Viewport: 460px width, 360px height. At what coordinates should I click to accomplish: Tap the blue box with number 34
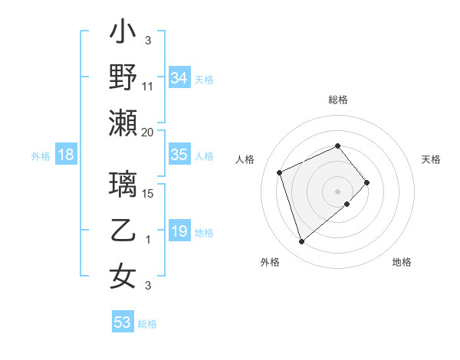pos(179,77)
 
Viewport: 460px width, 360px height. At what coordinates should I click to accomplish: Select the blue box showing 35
pos(179,155)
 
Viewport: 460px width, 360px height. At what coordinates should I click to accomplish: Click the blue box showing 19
pos(179,231)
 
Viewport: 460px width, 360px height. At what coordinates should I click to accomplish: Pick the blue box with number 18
pos(66,155)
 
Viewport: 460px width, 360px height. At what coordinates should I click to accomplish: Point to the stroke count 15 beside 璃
pos(149,195)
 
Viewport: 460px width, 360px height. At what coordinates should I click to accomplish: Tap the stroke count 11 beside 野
pos(148,87)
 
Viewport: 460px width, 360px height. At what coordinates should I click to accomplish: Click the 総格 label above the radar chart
pos(338,100)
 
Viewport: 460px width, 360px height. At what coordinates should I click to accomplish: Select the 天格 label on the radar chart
pos(431,159)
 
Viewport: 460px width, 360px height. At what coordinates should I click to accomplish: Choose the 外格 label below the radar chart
pos(270,262)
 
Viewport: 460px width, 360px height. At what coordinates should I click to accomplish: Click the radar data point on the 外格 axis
pos(302,241)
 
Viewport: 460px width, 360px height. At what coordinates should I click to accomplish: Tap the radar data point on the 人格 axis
pos(281,172)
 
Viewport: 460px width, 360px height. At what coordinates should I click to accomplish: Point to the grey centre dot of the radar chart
pos(338,191)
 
